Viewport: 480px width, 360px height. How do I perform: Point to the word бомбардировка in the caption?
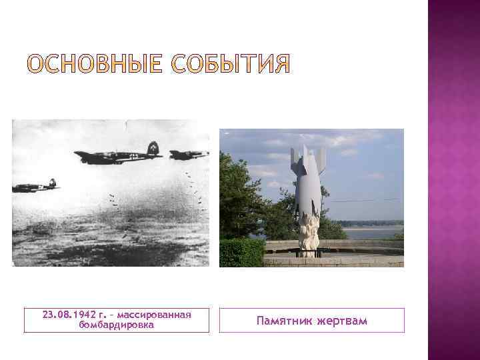(x=117, y=325)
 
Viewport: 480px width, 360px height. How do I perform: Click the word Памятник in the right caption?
(x=284, y=321)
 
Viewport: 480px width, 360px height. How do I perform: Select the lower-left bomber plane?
(x=36, y=186)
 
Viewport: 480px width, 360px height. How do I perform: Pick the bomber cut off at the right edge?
(x=189, y=155)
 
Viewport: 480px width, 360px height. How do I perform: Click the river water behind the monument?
(x=373, y=233)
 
